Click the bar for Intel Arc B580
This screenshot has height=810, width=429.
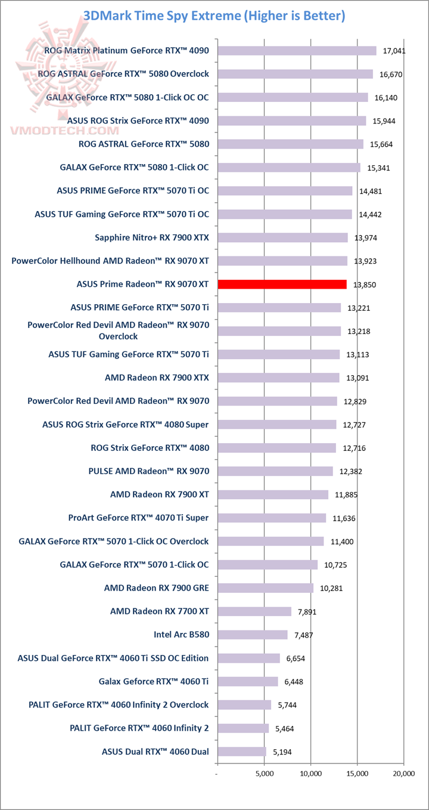(253, 635)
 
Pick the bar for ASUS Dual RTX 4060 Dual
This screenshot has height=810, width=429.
(242, 752)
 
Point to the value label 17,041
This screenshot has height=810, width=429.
(394, 51)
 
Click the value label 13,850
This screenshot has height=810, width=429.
(365, 285)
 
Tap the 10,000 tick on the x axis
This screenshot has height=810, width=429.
(310, 773)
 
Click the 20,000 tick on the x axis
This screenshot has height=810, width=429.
(403, 773)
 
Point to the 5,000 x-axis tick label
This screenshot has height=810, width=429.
(265, 773)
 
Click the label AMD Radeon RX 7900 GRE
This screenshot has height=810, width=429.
(156, 588)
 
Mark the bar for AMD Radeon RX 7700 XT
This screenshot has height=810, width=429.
(254, 611)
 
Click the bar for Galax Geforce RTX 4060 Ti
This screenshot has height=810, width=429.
(248, 681)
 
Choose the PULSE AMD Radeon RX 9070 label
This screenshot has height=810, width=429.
(148, 471)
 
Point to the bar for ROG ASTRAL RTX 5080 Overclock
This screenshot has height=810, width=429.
(295, 74)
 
